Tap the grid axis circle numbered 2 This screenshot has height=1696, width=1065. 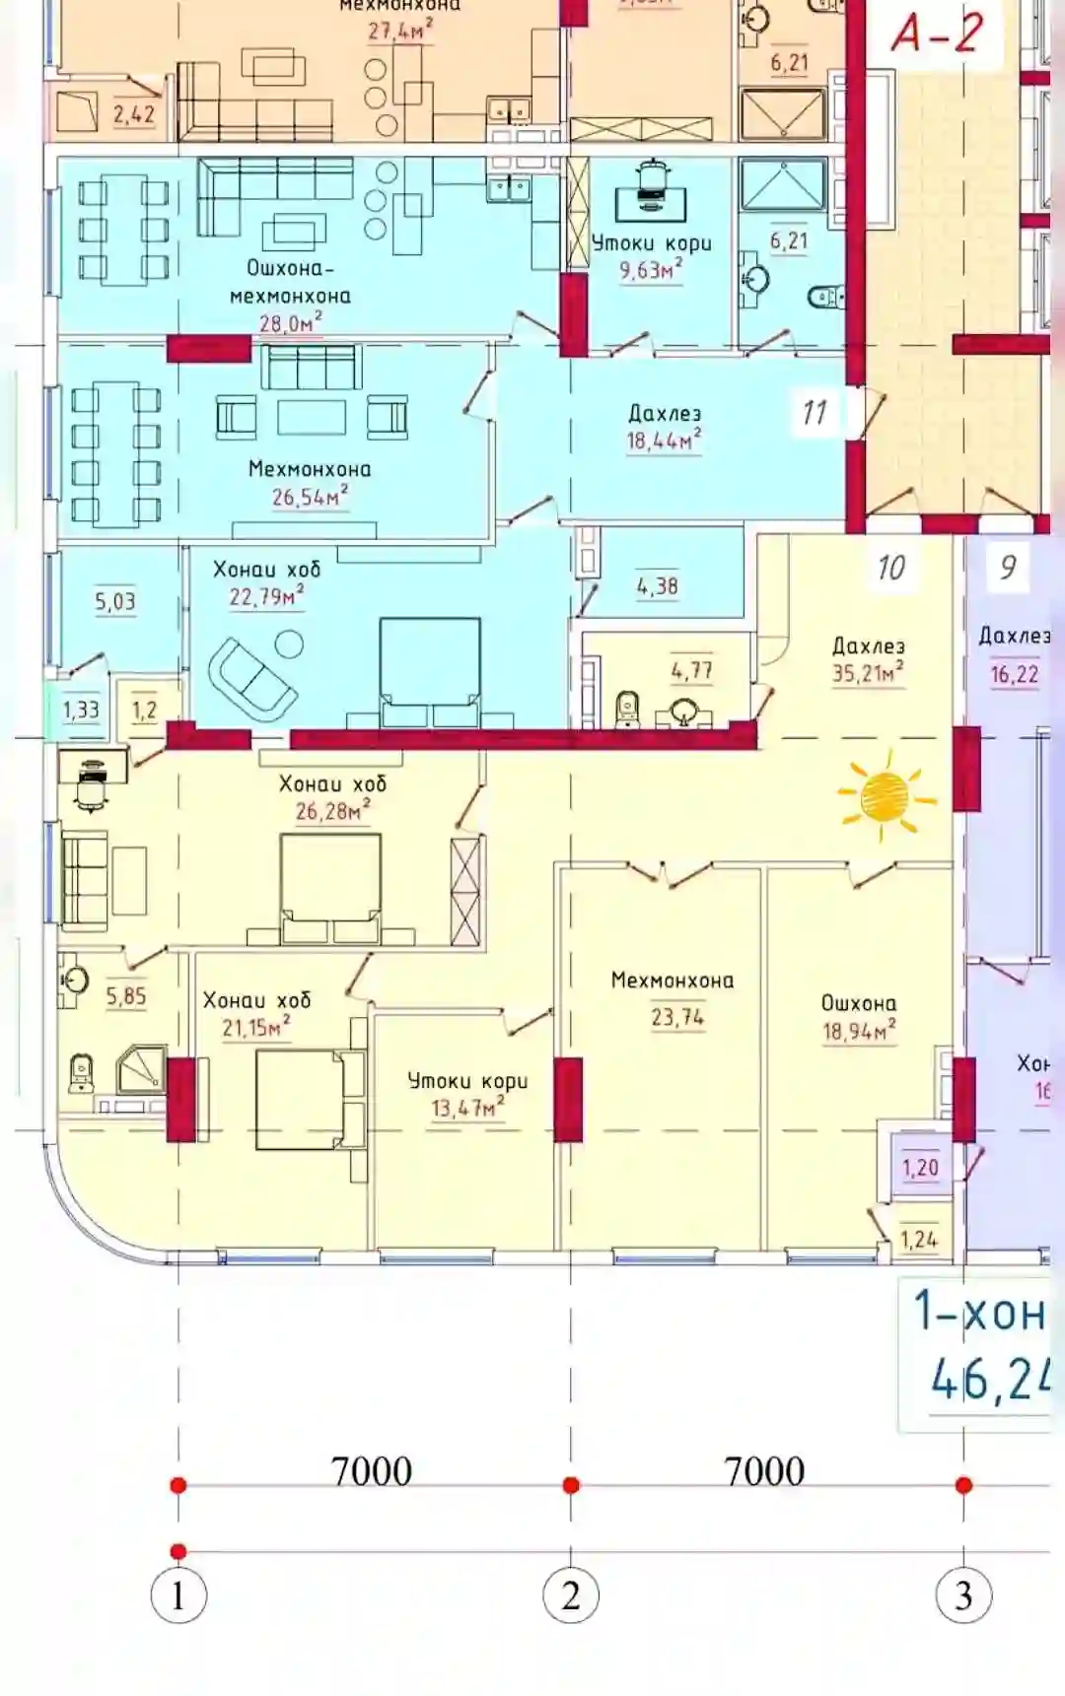[570, 1595]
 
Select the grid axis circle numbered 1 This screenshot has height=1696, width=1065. [178, 1595]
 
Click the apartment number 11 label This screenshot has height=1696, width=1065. [815, 412]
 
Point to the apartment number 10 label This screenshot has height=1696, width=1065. [890, 568]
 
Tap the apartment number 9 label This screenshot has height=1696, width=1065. [1007, 568]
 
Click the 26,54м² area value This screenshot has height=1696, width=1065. [309, 497]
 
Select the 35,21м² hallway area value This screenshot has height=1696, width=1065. [867, 673]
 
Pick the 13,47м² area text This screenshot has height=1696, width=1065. [466, 1108]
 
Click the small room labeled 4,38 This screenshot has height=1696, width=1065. [657, 586]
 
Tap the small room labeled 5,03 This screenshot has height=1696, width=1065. [114, 601]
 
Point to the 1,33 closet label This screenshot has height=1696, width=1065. [81, 710]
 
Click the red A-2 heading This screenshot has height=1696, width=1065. [937, 33]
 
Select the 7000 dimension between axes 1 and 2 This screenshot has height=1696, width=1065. [371, 1471]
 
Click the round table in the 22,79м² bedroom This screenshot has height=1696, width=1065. [289, 644]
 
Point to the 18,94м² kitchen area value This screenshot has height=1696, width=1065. [859, 1031]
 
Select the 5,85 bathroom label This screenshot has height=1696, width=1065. [126, 996]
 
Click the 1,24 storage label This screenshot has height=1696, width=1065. [918, 1239]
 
